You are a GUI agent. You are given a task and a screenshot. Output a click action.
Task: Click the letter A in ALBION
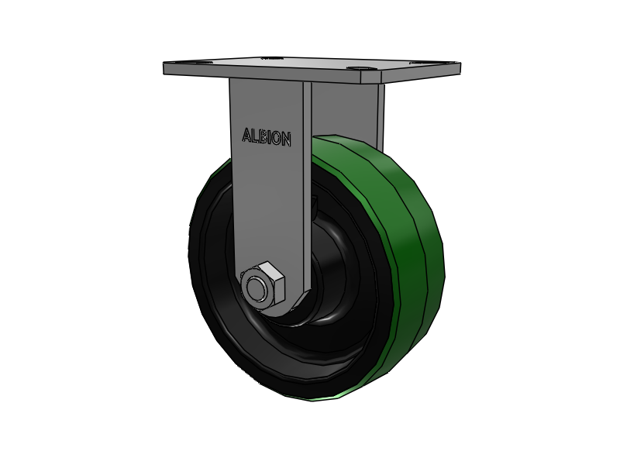click(x=247, y=135)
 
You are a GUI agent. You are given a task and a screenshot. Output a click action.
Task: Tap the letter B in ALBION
click(x=263, y=137)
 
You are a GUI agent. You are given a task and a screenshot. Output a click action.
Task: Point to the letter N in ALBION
click(x=286, y=139)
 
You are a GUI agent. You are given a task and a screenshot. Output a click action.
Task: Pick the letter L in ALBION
click(x=255, y=136)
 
